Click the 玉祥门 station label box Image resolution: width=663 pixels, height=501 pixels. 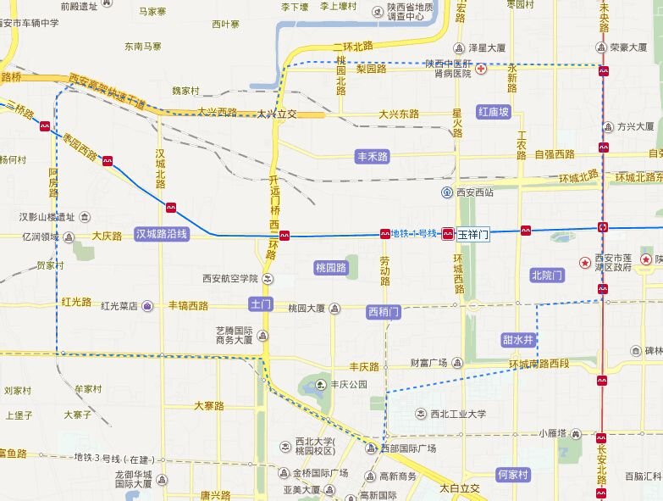click(x=473, y=235)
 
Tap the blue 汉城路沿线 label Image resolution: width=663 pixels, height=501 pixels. click(x=162, y=234)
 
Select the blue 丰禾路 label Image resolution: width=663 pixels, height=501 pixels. click(x=372, y=157)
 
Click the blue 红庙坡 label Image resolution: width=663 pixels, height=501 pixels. click(x=494, y=112)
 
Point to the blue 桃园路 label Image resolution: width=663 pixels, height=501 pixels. click(x=331, y=267)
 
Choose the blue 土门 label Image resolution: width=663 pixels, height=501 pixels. click(x=260, y=303)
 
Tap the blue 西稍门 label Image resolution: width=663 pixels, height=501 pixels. click(x=384, y=312)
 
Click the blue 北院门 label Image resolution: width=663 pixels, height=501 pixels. click(x=547, y=275)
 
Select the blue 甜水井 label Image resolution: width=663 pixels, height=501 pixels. click(x=518, y=340)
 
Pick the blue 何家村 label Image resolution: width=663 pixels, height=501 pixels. click(x=512, y=475)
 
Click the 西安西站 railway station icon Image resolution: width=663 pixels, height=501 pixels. click(x=446, y=192)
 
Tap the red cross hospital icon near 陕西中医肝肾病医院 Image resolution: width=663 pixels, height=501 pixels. click(x=481, y=68)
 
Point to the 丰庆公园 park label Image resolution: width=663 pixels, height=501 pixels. click(x=349, y=384)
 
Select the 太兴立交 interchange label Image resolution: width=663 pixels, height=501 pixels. click(x=277, y=114)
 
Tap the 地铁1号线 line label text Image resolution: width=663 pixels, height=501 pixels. click(x=414, y=233)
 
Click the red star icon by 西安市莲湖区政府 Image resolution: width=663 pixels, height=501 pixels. click(x=584, y=263)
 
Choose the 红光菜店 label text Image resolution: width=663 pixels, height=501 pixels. click(x=119, y=306)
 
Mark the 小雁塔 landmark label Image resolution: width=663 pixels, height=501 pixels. click(x=553, y=433)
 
